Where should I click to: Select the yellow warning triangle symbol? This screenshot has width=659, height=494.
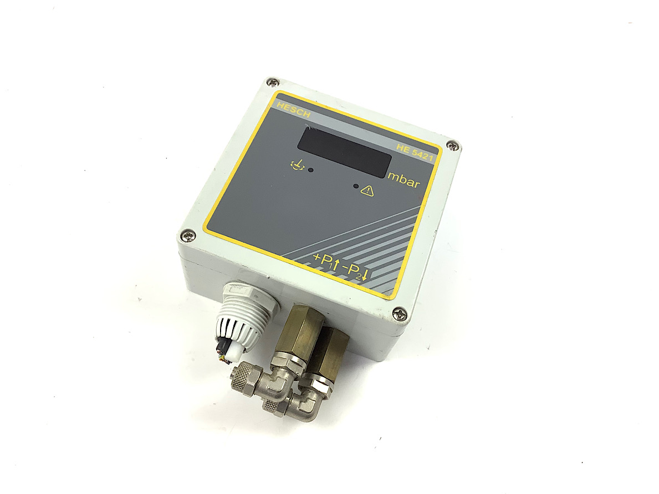[367, 191]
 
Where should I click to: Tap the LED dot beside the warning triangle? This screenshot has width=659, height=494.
[355, 187]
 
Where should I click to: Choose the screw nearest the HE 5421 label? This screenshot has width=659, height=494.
[453, 146]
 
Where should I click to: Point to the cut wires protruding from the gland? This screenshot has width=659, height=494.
[225, 354]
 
